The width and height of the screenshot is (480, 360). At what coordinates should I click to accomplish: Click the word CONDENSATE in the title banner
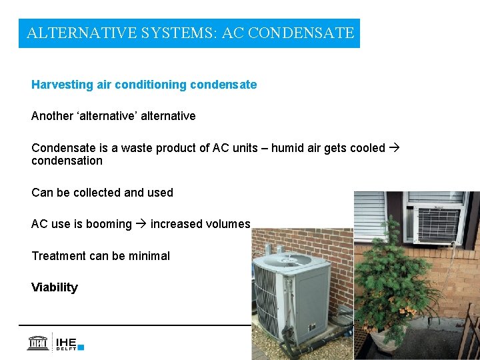click(301, 33)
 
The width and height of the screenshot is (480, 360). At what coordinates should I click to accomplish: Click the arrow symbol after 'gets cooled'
click(395, 148)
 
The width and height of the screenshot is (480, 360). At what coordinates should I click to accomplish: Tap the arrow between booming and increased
click(141, 224)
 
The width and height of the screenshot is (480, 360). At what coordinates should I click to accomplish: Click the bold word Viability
click(55, 287)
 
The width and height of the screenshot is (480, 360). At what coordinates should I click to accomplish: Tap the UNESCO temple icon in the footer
click(37, 342)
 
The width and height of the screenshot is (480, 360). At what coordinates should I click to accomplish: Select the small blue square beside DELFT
click(81, 347)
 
